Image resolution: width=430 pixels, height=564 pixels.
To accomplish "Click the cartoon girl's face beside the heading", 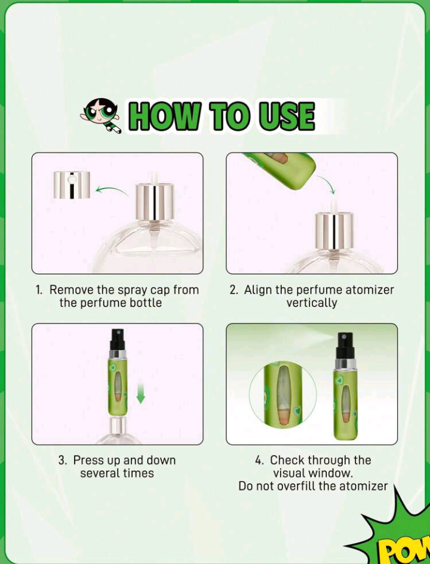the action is [x=101, y=114].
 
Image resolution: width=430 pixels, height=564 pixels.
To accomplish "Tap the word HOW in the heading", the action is [x=164, y=116].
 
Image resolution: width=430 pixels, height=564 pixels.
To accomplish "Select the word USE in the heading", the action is [x=287, y=116].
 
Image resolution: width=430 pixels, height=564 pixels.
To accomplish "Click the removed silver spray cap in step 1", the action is [x=72, y=185].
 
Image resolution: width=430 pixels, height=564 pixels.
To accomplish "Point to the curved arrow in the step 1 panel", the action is [x=112, y=190].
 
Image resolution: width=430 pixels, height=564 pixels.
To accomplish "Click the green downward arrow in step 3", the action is [x=141, y=393].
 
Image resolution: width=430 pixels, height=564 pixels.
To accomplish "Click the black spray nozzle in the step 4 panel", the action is [x=345, y=346].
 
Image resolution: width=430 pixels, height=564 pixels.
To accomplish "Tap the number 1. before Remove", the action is [x=39, y=290].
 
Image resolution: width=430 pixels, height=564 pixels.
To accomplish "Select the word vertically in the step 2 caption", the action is [x=312, y=303].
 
